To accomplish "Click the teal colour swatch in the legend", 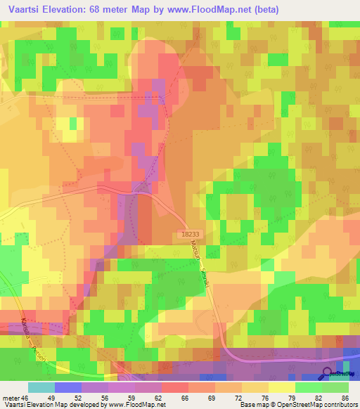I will point(41,387).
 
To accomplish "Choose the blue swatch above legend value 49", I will point(67,387).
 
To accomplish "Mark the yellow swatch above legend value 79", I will point(281,387).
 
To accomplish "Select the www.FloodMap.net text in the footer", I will point(138,405).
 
